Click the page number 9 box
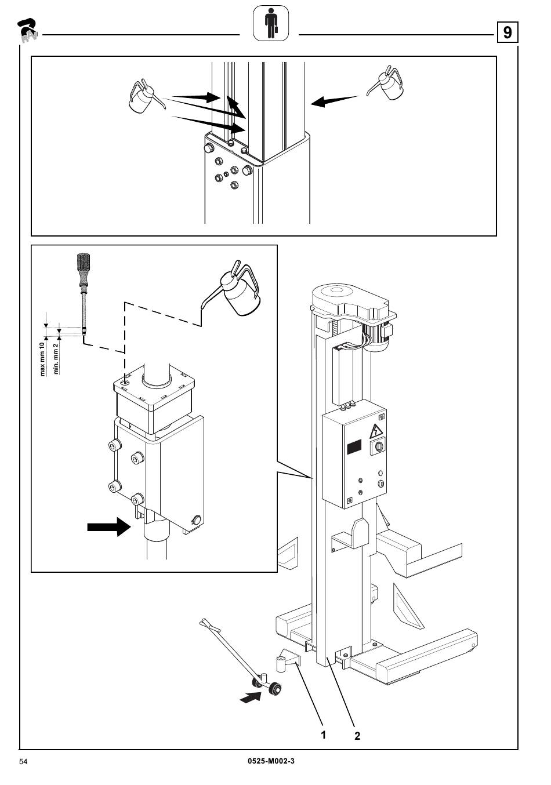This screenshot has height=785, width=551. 507,32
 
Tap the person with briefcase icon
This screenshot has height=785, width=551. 271,23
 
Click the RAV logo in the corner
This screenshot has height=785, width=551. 27,31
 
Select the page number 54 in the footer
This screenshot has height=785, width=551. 23,762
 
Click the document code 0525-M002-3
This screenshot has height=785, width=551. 271,761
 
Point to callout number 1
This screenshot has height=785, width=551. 324,735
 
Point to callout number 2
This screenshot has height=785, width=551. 357,736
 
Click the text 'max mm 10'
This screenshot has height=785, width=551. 42,359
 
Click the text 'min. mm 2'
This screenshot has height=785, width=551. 56,359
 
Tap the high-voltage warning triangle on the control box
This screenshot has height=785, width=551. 376,431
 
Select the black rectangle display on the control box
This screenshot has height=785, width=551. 354,447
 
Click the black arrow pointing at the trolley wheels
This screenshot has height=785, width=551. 251,697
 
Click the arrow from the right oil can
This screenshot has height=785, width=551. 335,101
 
